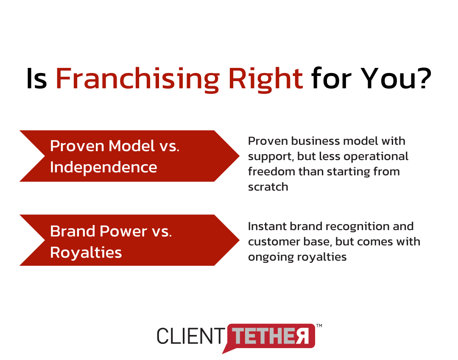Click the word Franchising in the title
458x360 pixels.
click(137, 79)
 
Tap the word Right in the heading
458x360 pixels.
click(265, 79)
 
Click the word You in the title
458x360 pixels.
click(388, 78)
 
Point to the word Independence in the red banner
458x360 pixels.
click(103, 167)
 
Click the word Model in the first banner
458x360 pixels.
click(131, 146)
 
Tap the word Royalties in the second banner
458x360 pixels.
click(86, 253)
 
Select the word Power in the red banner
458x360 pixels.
click(123, 231)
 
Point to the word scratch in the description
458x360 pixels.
click(268, 187)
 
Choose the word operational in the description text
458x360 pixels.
click(376, 157)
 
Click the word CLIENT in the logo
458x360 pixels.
click(190, 336)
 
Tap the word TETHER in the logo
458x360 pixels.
click(271, 336)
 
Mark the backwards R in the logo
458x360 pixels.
click(302, 336)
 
